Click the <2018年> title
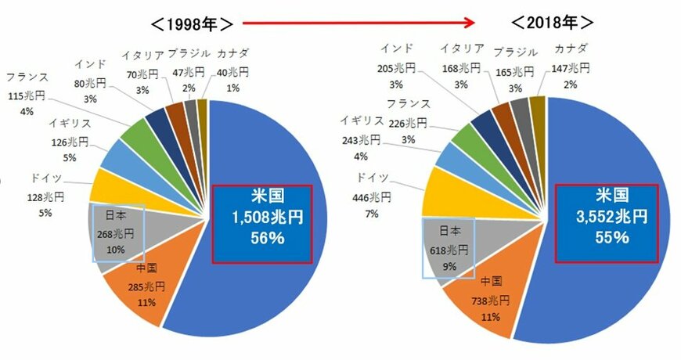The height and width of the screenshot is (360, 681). tap(553, 22)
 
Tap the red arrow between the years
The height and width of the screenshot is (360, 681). tap(360, 22)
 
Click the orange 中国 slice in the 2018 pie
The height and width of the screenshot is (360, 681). tap(485, 301)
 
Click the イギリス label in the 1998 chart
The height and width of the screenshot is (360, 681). tap(70, 124)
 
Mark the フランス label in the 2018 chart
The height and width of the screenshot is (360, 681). tap(408, 103)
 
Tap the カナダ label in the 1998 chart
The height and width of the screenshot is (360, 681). tap(233, 53)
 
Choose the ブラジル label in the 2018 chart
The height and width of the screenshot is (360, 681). tap(517, 52)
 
